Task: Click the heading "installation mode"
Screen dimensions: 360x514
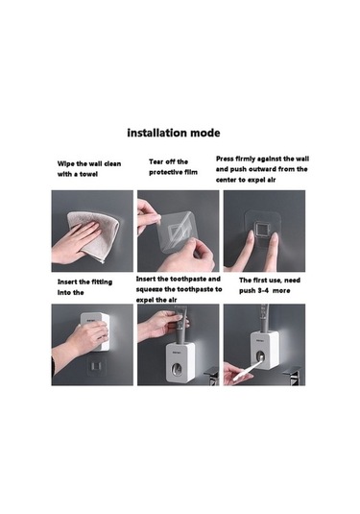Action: [x=174, y=133]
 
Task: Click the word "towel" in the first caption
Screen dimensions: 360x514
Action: [x=88, y=174]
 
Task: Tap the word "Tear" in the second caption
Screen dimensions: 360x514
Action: [x=156, y=161]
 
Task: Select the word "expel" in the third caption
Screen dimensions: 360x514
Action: [x=255, y=180]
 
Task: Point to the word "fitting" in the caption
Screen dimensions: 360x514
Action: [x=102, y=282]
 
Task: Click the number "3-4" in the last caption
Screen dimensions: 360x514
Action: [x=263, y=291]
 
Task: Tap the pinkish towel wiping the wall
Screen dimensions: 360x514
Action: [x=94, y=235]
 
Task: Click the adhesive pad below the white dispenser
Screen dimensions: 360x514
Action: [x=97, y=366]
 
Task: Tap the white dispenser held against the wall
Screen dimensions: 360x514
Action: [x=95, y=331]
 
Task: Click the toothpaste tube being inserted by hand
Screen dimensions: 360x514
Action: [x=180, y=325]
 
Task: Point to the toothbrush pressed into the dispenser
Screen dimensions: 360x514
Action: [x=248, y=370]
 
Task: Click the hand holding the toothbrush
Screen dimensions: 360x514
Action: [x=236, y=374]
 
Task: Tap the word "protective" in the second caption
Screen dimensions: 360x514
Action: [x=164, y=172]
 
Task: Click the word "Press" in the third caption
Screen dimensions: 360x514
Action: [x=225, y=159]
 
